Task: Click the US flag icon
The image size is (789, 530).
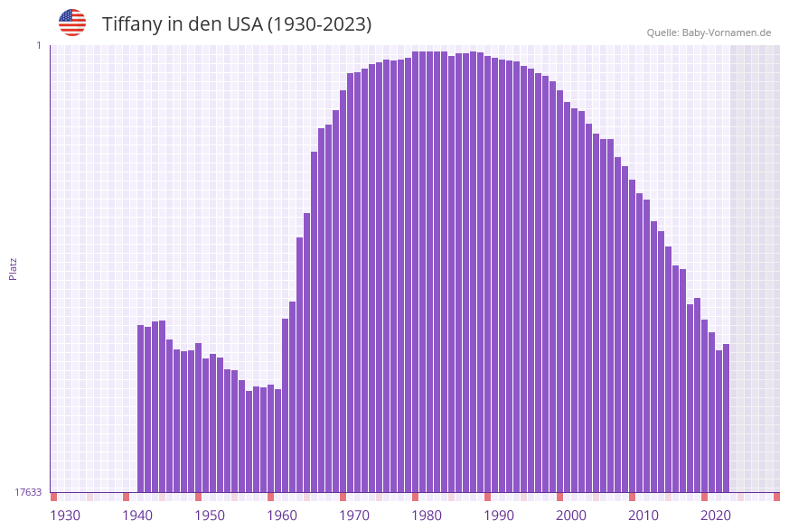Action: [x=72, y=23]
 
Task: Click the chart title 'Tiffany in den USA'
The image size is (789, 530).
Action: [x=237, y=24]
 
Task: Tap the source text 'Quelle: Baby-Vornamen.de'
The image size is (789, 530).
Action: [x=709, y=33]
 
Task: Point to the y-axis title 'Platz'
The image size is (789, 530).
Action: [x=13, y=268]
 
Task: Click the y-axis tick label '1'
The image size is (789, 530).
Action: [x=38, y=45]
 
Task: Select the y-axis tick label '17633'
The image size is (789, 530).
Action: [x=28, y=492]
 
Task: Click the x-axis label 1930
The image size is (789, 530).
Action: [x=65, y=516]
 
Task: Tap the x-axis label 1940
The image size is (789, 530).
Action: [x=137, y=516]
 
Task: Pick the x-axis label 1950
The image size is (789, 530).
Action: [x=210, y=516]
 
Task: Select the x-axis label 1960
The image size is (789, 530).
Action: [x=282, y=516]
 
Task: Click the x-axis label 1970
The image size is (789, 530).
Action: [x=354, y=516]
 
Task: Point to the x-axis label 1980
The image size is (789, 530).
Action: [x=427, y=516]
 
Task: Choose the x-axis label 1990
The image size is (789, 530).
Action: [x=499, y=516]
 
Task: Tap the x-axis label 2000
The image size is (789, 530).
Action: [x=571, y=516]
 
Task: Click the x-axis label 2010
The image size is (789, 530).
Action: [x=643, y=516]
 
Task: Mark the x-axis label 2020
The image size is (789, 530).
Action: [x=716, y=516]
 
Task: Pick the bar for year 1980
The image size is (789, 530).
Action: [x=430, y=271]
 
